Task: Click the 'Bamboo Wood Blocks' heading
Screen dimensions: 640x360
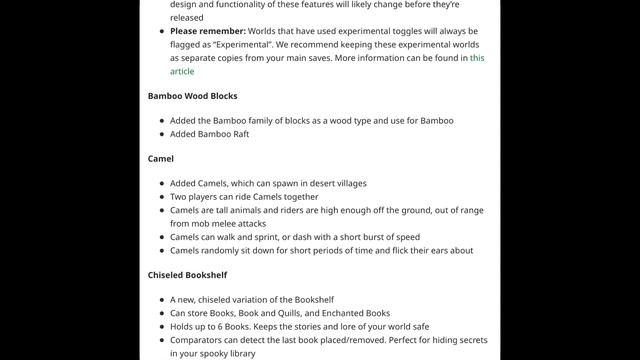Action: click(192, 96)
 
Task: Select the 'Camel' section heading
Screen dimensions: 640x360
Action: click(160, 159)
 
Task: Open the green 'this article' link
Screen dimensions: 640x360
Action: click(182, 71)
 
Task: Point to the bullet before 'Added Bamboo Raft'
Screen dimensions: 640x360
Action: click(160, 134)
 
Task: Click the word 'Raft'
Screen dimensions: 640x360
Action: click(237, 134)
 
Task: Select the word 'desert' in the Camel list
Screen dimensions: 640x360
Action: click(319, 184)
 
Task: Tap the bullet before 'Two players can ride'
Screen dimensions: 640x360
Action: click(160, 198)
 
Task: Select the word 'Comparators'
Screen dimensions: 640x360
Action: click(201, 341)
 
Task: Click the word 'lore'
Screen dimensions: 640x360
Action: click(349, 327)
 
